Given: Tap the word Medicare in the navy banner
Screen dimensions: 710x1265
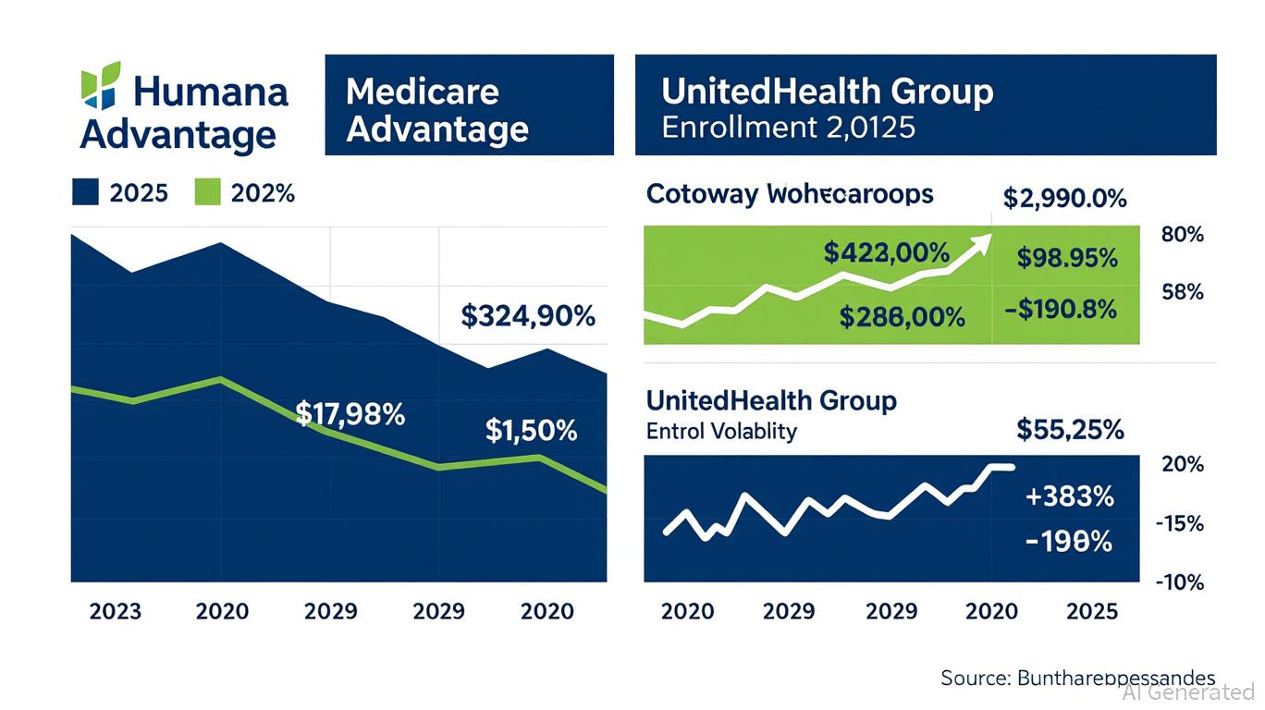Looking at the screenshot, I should point(422,92).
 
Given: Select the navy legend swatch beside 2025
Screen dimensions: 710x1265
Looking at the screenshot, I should point(84,192).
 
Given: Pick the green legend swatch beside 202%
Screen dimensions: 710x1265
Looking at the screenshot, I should point(208,192).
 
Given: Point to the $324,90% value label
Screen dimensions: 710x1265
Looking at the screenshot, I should point(528,316).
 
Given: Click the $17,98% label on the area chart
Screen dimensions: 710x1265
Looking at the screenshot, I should point(350,414).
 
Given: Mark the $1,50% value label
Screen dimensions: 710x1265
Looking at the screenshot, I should point(531,430).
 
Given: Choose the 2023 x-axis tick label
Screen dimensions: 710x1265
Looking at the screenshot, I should point(116,611).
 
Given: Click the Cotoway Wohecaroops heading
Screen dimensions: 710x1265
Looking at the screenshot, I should point(790,194).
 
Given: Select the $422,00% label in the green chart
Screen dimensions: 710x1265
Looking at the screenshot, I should point(887,251).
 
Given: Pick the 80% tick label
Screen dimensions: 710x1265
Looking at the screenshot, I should point(1182,235).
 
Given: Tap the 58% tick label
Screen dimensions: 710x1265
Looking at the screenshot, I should point(1182,292).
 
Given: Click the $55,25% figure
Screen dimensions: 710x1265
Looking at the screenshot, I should point(1070,429).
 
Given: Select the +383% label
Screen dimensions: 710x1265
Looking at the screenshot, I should point(1069,496).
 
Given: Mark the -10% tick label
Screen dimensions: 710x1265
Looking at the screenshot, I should point(1180,582).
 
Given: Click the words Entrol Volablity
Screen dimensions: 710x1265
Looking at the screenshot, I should point(721,431).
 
